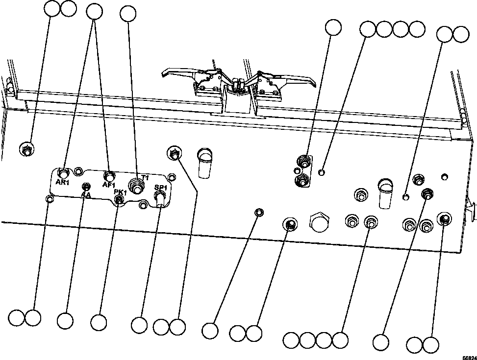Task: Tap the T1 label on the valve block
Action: [x=145, y=177]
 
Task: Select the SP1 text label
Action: [x=160, y=188]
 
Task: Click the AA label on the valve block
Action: [x=86, y=194]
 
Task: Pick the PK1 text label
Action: [x=121, y=192]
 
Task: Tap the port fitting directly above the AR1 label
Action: [x=64, y=173]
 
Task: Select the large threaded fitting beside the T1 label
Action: [x=137, y=186]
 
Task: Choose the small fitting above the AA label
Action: [x=86, y=187]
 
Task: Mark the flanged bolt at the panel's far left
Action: [x=27, y=149]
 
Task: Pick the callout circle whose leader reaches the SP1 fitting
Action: [x=140, y=324]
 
